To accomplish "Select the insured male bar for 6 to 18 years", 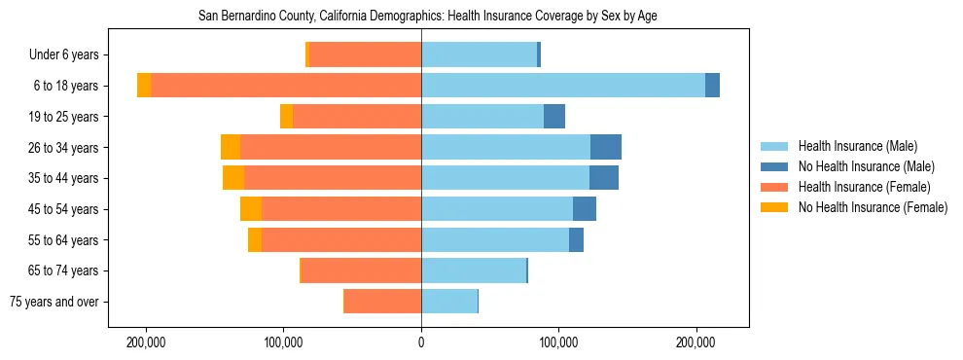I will pyautogui.click(x=563, y=86).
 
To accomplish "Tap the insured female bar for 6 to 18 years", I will pyautogui.click(x=286, y=86).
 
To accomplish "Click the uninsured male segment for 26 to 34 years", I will pyautogui.click(x=605, y=147).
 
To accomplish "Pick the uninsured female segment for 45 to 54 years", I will pyautogui.click(x=251, y=209).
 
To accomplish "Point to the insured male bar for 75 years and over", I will pyautogui.click(x=449, y=302).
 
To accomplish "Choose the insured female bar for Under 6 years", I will pyautogui.click(x=365, y=54).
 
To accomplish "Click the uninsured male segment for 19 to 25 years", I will pyautogui.click(x=553, y=117).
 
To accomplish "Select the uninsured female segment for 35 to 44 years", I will pyautogui.click(x=233, y=178).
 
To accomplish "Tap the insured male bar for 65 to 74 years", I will pyautogui.click(x=474, y=270).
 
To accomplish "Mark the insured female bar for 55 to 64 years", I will pyautogui.click(x=341, y=240).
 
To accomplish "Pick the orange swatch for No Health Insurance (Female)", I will pyautogui.click(x=774, y=207).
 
